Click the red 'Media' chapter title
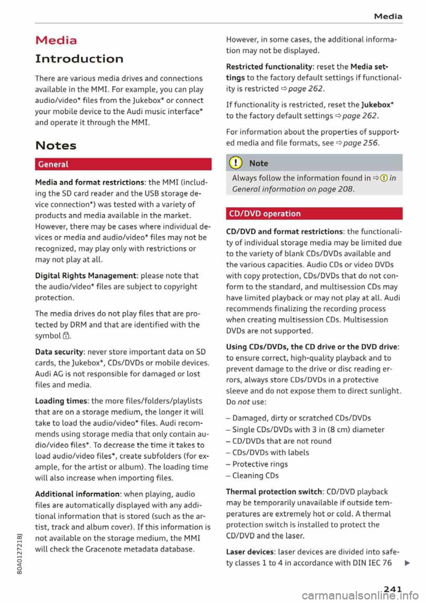56,40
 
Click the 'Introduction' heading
79,59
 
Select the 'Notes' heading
55,146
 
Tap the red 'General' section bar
123,164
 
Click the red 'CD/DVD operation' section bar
314,214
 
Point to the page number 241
393,589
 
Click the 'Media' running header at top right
388,16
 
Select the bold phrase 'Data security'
59,352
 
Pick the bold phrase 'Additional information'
77,494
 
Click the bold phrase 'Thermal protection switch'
274,492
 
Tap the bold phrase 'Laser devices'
250,552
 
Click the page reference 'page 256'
360,143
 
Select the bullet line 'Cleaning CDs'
256,476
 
